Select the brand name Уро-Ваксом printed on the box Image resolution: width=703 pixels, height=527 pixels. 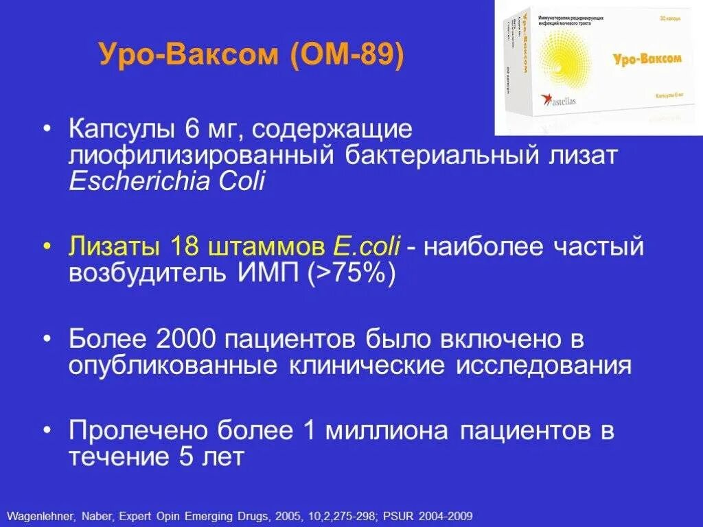tap(647, 60)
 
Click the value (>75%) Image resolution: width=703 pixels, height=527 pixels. tap(351, 274)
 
